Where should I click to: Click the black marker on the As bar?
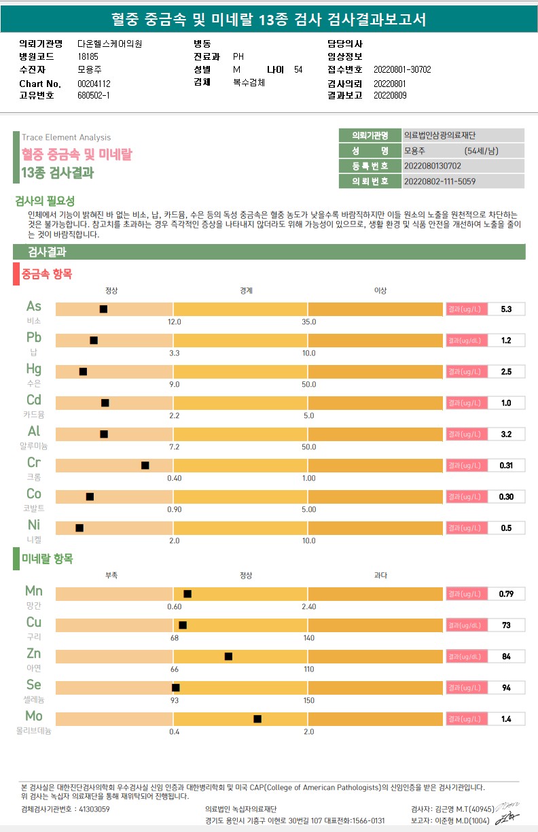point(103,309)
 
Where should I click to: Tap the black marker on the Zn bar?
point(228,656)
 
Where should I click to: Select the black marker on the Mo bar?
point(257,718)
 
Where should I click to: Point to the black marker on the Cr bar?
point(145,466)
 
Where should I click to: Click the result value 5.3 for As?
point(506,309)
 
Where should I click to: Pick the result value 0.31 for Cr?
point(506,466)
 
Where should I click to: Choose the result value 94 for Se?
point(506,688)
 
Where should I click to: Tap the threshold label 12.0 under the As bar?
point(175,322)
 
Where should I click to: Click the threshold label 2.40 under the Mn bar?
point(309,606)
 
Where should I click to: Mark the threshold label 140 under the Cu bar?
point(309,638)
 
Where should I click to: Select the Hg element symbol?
point(34,369)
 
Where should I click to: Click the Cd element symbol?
point(34,400)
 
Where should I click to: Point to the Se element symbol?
point(34,684)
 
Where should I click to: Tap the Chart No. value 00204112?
point(94,83)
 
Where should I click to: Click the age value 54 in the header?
point(298,69)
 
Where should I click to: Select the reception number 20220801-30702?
point(402,69)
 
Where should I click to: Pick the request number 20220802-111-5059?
point(440,181)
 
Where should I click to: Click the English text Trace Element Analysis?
point(66,137)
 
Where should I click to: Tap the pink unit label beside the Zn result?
point(466,657)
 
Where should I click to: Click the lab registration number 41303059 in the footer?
point(94,809)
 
